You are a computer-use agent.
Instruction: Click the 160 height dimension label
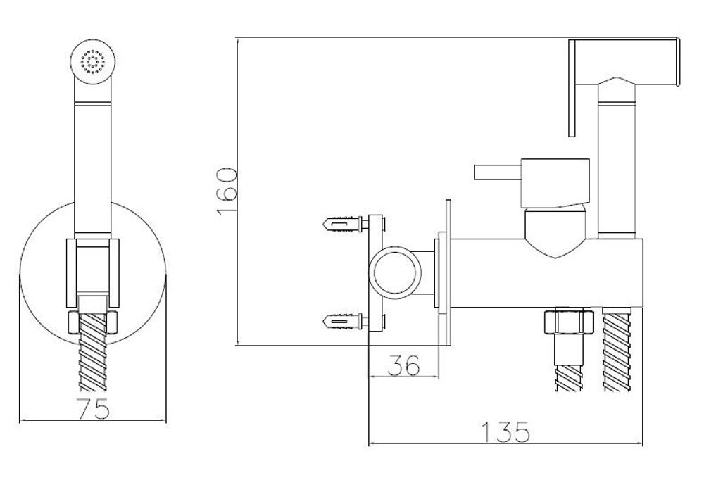coord(227,192)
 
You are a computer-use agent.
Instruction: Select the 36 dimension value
coord(403,365)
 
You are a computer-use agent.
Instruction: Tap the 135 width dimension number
coord(505,432)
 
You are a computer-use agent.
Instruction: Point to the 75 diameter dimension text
coord(94,409)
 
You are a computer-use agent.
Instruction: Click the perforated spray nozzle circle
coord(93,61)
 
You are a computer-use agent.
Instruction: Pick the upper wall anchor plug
coord(343,222)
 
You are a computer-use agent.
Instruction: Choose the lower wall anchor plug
coord(343,322)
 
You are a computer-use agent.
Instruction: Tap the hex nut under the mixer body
coord(568,321)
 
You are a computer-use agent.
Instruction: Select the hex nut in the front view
coord(92,322)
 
